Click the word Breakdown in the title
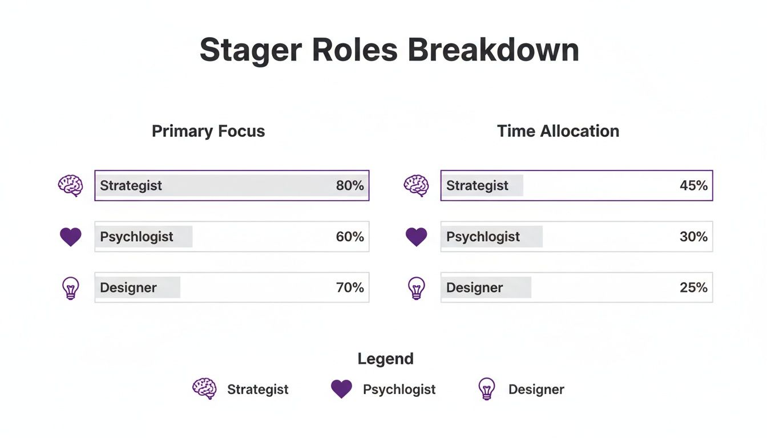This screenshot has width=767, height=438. pyautogui.click(x=494, y=50)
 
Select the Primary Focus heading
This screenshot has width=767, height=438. pyautogui.click(x=208, y=131)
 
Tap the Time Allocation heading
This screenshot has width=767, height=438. pyautogui.click(x=558, y=131)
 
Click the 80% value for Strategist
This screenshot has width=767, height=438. pyautogui.click(x=350, y=185)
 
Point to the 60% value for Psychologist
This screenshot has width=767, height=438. pyautogui.click(x=350, y=237)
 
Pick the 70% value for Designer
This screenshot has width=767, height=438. pyautogui.click(x=350, y=287)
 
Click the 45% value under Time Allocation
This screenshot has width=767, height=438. pyautogui.click(x=693, y=185)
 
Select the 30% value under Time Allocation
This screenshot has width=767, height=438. pyautogui.click(x=693, y=237)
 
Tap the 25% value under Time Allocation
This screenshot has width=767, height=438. pyautogui.click(x=693, y=287)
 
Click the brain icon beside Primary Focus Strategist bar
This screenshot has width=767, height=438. pyautogui.click(x=71, y=185)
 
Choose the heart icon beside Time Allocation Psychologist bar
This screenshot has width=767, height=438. pyautogui.click(x=416, y=237)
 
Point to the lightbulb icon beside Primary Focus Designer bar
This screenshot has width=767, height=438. pyautogui.click(x=70, y=288)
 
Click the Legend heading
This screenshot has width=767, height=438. pyautogui.click(x=385, y=359)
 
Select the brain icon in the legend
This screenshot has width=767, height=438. pyautogui.click(x=204, y=389)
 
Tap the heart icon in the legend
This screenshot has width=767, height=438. pyautogui.click(x=341, y=389)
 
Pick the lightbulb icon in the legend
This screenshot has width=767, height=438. pyautogui.click(x=486, y=389)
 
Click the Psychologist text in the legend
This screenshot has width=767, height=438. pyautogui.click(x=399, y=390)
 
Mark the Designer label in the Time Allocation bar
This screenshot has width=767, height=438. pyautogui.click(x=474, y=287)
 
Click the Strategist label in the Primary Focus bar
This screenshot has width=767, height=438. pyautogui.click(x=131, y=185)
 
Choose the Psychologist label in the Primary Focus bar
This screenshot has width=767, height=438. pyautogui.click(x=136, y=237)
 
